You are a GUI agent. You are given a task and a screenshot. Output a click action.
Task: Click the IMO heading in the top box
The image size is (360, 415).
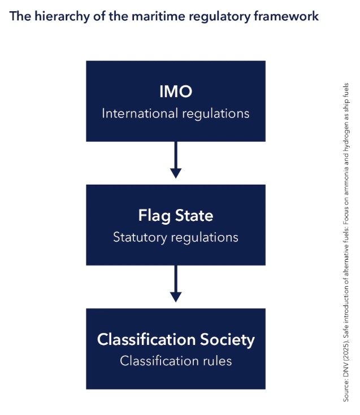176,91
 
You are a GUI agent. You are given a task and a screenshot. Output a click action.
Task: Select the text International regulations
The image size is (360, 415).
176,113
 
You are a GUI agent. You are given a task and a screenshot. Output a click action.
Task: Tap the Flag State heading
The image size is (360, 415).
176,216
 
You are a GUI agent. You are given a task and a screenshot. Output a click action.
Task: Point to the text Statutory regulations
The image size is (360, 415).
176,237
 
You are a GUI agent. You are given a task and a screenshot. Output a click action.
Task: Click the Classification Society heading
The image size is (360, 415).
176,339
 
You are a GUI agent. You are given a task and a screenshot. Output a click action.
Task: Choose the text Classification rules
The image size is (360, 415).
176,361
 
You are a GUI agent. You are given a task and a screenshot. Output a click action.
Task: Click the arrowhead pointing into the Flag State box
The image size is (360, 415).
176,173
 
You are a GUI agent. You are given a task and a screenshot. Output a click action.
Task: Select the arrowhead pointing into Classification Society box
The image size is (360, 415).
176,297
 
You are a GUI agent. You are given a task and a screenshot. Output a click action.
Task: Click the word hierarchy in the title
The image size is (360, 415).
62,16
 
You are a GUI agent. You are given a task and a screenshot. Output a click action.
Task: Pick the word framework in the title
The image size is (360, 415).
286,16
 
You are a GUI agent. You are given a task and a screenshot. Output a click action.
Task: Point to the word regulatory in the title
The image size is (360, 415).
219,17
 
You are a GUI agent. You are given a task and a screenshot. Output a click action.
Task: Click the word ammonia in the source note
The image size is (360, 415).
346,180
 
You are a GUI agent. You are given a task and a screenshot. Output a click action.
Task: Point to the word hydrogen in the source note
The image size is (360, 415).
346,142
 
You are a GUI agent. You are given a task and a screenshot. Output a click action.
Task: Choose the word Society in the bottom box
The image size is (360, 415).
227,339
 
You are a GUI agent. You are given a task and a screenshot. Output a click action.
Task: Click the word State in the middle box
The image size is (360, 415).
194,216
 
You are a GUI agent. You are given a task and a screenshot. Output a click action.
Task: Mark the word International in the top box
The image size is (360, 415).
140,113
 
